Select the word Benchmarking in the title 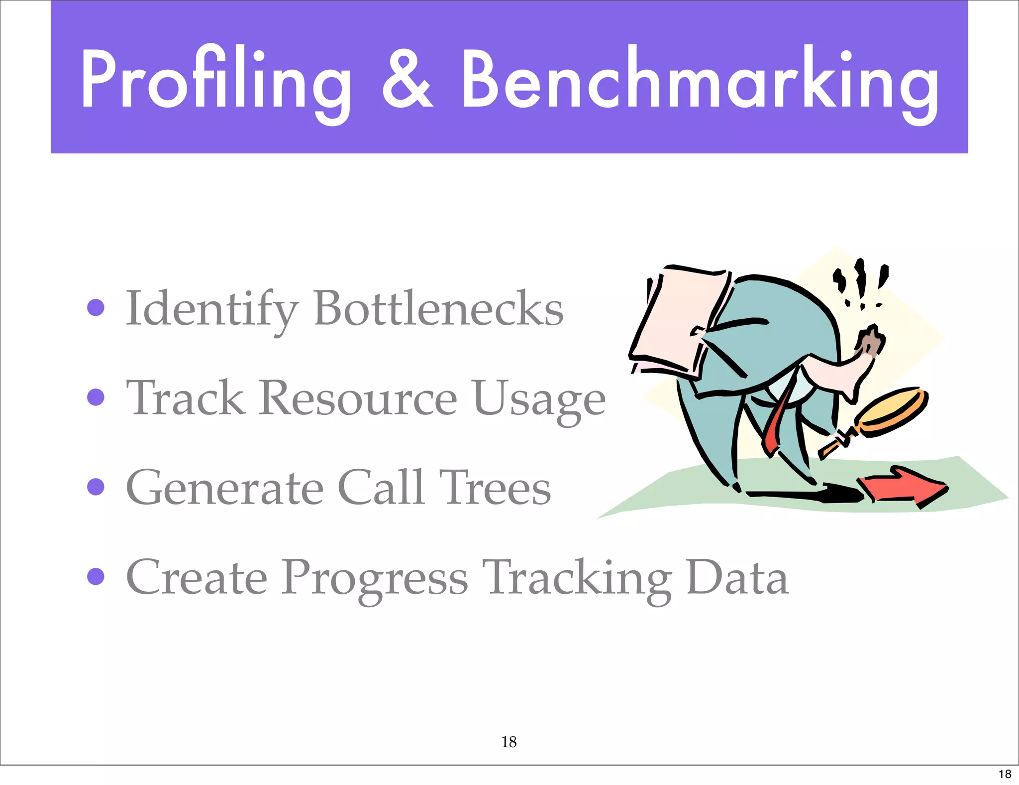point(699,80)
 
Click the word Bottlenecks point(438,309)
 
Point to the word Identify point(211,309)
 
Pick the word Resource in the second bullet point(358,398)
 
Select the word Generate point(225,488)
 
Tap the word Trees point(495,488)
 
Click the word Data point(737,578)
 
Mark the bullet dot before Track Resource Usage point(96,397)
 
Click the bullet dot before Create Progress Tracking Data point(96,577)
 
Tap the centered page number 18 point(509,742)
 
